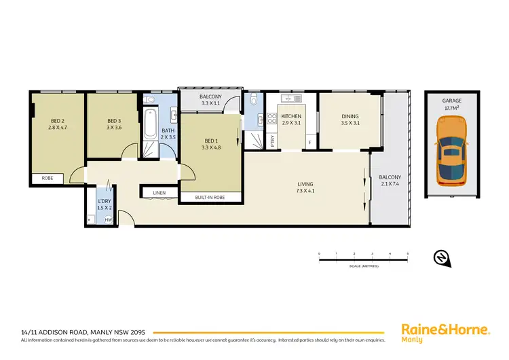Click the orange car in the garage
point(451,151)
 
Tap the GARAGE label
point(451,101)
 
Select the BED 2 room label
point(56,120)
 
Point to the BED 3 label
point(113,120)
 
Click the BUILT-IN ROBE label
point(210,197)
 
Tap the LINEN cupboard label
point(159,193)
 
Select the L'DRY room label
point(104,201)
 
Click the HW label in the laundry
point(107,219)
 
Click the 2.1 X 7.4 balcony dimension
point(390,184)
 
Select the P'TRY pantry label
point(272,141)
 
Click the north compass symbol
point(440,257)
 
